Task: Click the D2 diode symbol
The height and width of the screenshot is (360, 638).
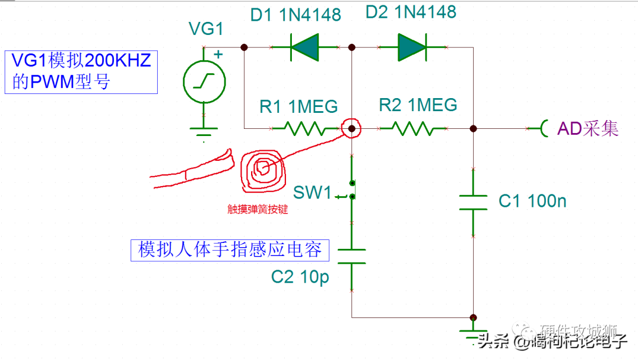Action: pyautogui.click(x=412, y=47)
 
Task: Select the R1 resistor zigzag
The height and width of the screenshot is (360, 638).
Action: pyautogui.click(x=304, y=128)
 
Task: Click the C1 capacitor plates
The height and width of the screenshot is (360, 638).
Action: pyautogui.click(x=473, y=202)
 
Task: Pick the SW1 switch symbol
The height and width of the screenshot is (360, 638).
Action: pyautogui.click(x=350, y=190)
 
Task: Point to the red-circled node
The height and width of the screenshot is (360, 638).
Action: pyautogui.click(x=352, y=128)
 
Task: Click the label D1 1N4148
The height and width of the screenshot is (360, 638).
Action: pyautogui.click(x=295, y=15)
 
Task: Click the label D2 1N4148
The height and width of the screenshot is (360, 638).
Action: pyautogui.click(x=411, y=12)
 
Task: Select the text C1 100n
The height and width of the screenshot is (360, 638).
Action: pyautogui.click(x=532, y=201)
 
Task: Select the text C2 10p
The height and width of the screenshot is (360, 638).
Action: pyautogui.click(x=300, y=277)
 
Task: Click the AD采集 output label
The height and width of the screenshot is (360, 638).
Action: pyautogui.click(x=587, y=128)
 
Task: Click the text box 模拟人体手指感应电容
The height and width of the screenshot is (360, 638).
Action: pyautogui.click(x=229, y=249)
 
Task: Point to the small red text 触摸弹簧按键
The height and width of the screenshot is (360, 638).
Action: pyautogui.click(x=258, y=209)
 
